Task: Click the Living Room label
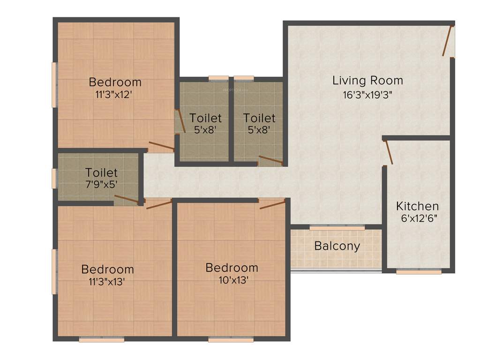367,80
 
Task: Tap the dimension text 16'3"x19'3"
367,95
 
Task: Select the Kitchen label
417,206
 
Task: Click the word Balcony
337,246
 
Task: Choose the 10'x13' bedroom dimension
232,280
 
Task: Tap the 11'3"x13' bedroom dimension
107,282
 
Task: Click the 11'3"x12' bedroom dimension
115,94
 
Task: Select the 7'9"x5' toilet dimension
101,185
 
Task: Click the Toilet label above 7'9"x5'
101,173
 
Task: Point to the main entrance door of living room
449,41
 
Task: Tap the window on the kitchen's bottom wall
419,271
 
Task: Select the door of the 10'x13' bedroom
272,203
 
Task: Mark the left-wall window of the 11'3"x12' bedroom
54,85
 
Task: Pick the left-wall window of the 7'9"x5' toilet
54,178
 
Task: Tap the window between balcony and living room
337,227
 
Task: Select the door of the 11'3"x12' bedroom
161,146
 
